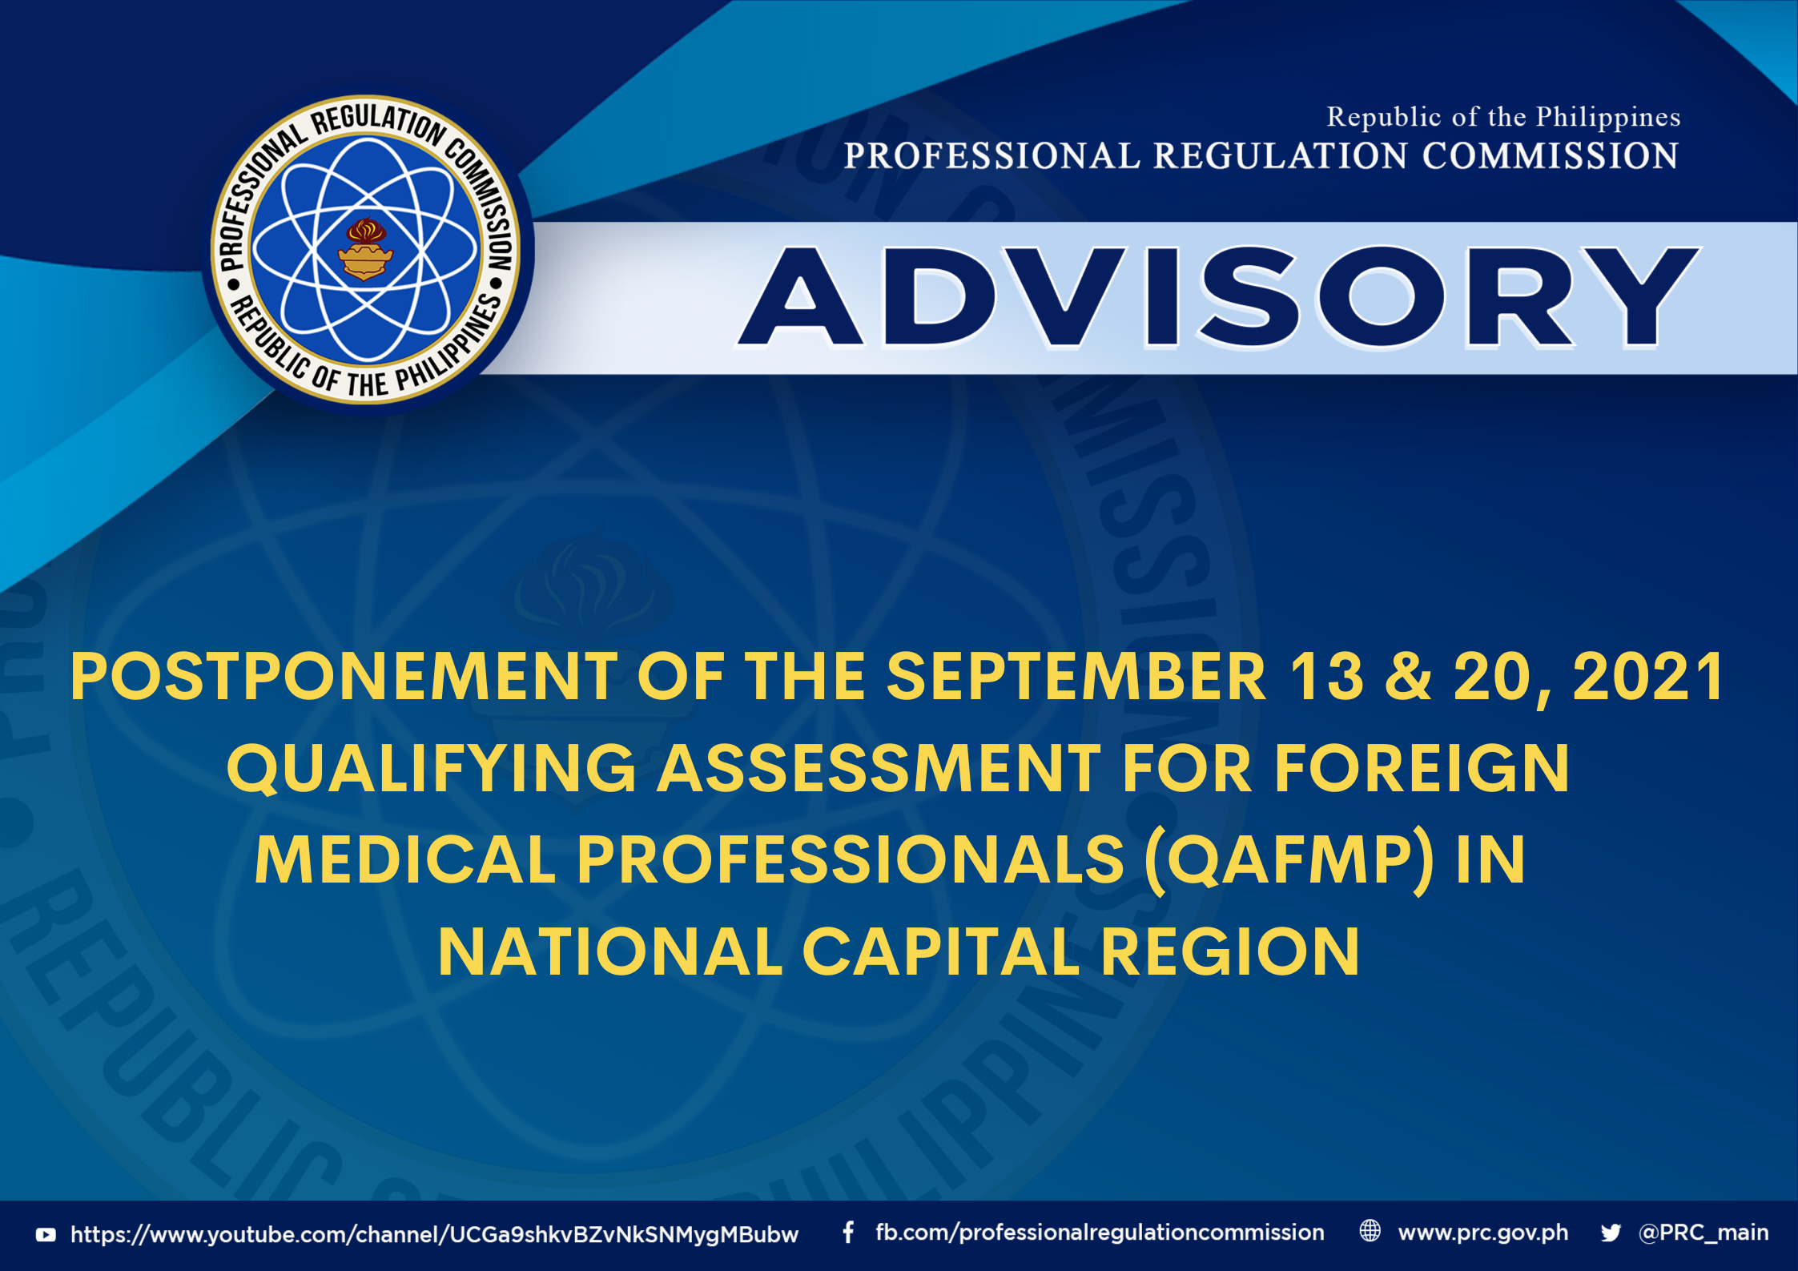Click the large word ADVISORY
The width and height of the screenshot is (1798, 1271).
(x=1218, y=297)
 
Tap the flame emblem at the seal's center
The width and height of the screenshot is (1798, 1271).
(x=365, y=249)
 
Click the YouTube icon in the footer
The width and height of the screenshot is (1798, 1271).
(x=46, y=1234)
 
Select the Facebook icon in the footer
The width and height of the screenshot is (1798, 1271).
(x=848, y=1232)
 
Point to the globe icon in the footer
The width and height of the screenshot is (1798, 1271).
(x=1370, y=1231)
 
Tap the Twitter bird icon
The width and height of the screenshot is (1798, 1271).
(x=1611, y=1233)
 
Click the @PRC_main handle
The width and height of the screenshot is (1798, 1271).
(x=1703, y=1233)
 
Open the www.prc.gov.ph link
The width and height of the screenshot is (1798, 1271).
(x=1483, y=1233)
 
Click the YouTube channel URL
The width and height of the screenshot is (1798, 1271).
(x=434, y=1234)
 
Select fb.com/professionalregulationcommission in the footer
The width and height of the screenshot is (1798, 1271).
(x=1100, y=1233)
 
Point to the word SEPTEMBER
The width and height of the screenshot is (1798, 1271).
(x=1076, y=677)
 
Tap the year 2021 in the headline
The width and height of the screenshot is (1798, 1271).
(x=1648, y=677)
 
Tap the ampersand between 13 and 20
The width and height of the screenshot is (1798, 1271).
(x=1408, y=677)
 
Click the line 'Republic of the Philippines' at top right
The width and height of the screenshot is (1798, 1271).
(x=1503, y=117)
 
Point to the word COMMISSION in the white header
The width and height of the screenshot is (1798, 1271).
(x=1551, y=155)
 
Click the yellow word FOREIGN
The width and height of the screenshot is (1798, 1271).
(x=1422, y=768)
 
